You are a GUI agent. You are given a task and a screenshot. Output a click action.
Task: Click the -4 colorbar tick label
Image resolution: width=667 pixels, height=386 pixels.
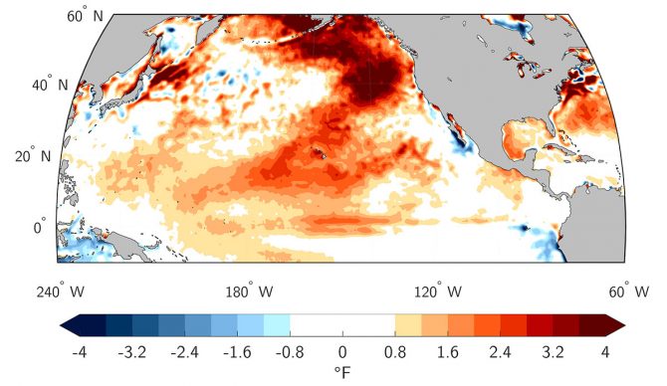tap(79, 351)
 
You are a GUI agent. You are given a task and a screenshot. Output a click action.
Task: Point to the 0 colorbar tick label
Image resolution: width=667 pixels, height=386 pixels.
tap(342, 351)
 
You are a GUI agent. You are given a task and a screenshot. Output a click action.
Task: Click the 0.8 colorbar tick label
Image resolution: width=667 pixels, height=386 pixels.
tap(395, 351)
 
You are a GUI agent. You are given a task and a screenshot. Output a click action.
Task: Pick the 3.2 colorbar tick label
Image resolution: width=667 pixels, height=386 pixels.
tap(554, 351)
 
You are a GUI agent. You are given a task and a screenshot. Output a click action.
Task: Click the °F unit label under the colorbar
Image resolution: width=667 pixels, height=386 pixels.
tap(342, 373)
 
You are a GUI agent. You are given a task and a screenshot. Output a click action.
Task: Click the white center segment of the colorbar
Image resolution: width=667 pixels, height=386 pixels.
tap(342, 325)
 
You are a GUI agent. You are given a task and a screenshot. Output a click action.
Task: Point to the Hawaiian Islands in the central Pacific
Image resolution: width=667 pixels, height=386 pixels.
tap(321, 152)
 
